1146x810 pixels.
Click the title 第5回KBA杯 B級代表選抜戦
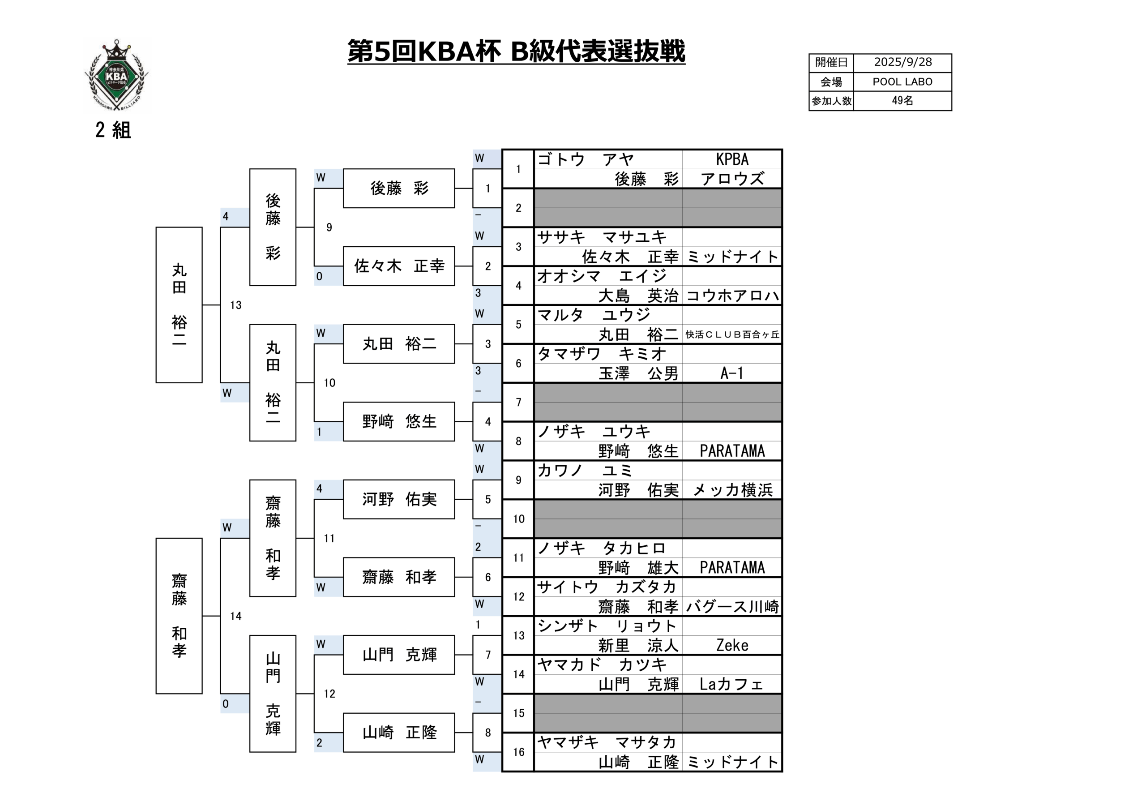(x=516, y=52)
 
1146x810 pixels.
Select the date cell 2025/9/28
(x=902, y=62)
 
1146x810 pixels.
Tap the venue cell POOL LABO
(x=902, y=82)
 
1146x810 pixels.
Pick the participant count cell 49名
(x=902, y=101)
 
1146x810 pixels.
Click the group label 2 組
(x=113, y=130)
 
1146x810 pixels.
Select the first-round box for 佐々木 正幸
(x=399, y=266)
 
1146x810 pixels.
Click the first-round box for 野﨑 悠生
(x=399, y=421)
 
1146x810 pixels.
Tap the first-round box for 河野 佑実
(x=399, y=499)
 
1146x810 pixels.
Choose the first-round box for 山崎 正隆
(x=399, y=733)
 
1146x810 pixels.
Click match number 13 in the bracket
(x=235, y=305)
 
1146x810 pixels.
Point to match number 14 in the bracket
(x=235, y=616)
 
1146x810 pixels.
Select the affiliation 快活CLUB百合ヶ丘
(x=732, y=334)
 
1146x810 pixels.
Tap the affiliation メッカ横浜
(x=732, y=490)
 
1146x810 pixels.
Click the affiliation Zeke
(x=732, y=646)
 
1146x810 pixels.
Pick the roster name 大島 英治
(x=638, y=296)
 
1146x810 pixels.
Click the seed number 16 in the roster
(x=518, y=752)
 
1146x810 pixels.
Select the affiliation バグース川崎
(x=732, y=607)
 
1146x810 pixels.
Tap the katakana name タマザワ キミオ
(x=602, y=354)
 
